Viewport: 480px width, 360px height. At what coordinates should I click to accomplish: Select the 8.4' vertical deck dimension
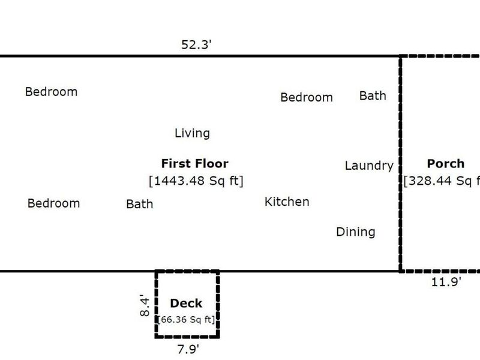(x=145, y=304)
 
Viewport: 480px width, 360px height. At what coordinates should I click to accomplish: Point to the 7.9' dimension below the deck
(x=187, y=347)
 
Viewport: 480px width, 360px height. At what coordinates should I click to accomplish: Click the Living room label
(x=192, y=133)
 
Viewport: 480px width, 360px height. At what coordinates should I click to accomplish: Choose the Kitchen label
(x=287, y=202)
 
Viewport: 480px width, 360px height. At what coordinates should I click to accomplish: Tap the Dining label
(x=355, y=232)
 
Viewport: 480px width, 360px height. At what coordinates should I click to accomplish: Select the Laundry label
(x=369, y=166)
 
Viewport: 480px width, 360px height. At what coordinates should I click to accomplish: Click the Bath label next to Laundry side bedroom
(x=373, y=95)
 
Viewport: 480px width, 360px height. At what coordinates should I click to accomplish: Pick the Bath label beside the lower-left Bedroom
(x=139, y=204)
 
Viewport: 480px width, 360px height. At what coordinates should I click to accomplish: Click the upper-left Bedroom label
(x=51, y=92)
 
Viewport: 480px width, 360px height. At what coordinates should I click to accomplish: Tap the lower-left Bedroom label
(x=53, y=203)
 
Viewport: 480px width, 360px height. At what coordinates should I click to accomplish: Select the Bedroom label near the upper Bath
(x=307, y=97)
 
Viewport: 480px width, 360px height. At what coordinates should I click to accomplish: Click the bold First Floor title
(x=194, y=163)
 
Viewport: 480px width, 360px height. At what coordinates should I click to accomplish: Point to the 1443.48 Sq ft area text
(x=196, y=181)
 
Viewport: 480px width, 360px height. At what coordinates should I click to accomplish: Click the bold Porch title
(x=445, y=163)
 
